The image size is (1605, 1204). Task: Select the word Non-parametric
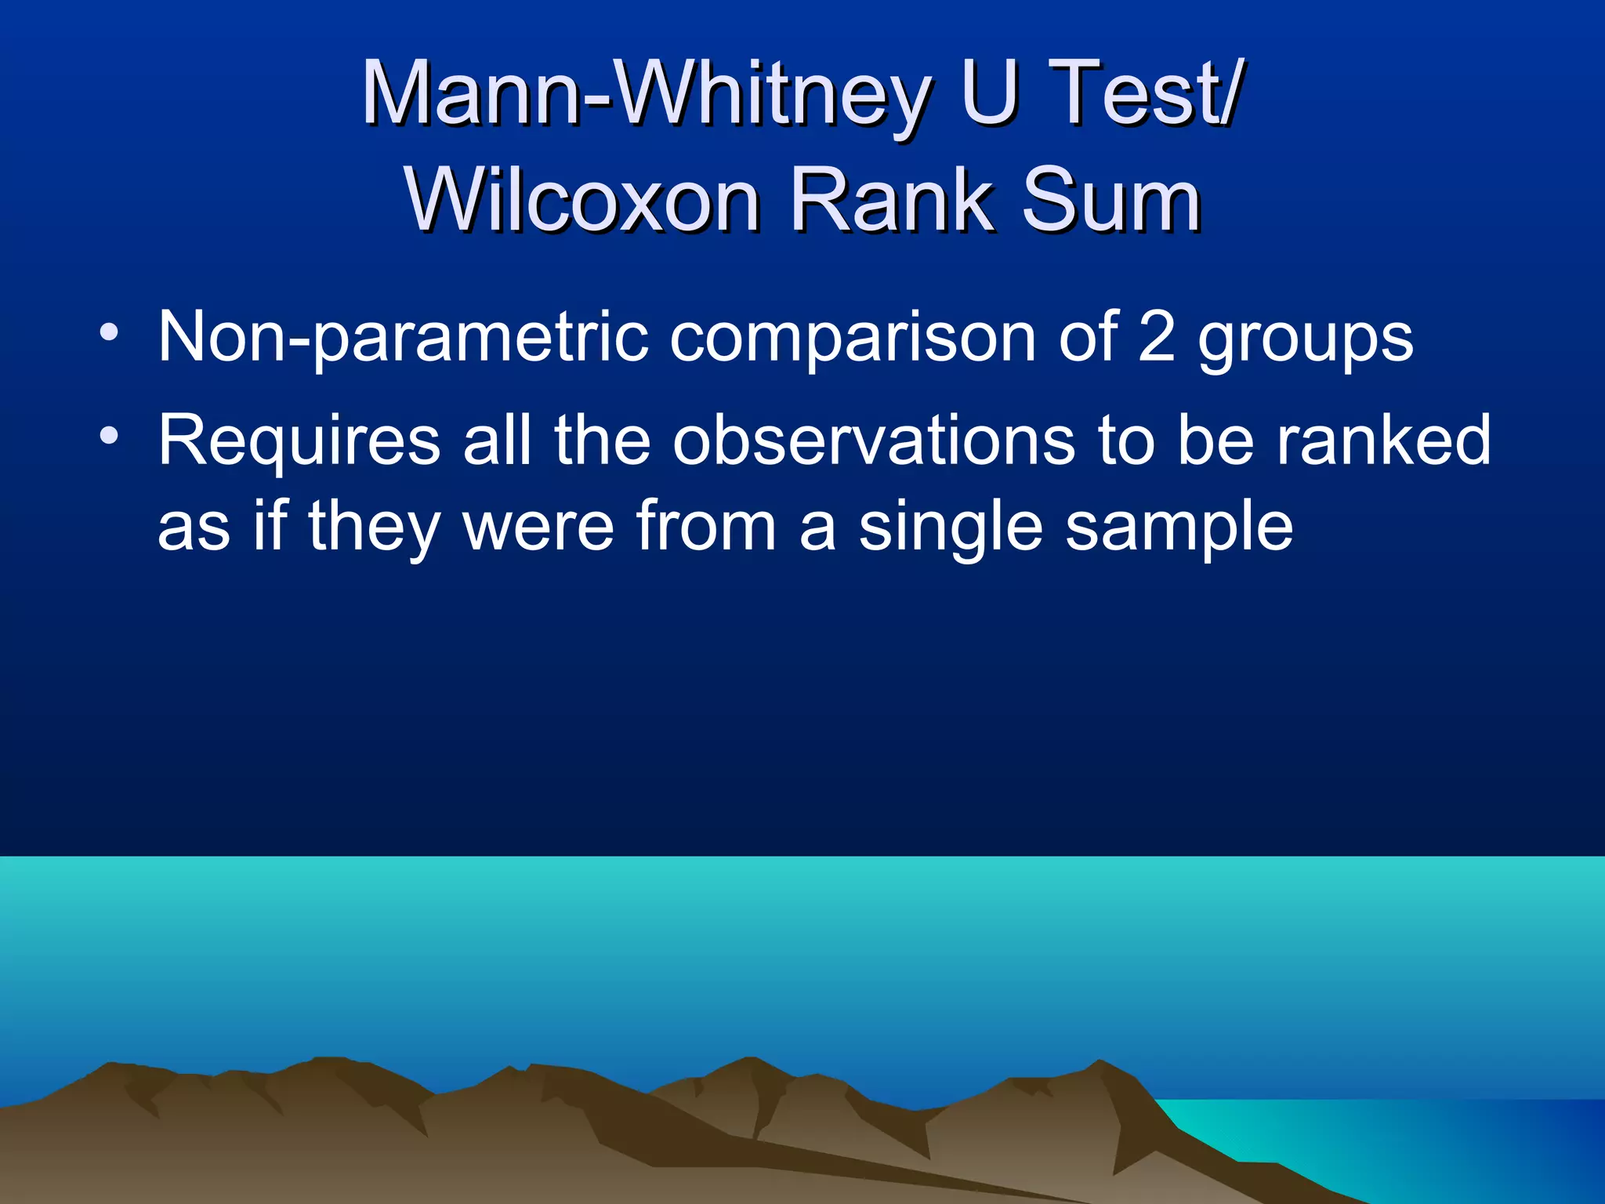[x=403, y=338]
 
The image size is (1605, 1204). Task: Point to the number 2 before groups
[x=1156, y=336]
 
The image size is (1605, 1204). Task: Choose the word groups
[x=1305, y=341]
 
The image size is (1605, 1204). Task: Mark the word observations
[x=873, y=441]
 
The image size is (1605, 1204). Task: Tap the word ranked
[x=1384, y=441]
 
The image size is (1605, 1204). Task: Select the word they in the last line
[x=375, y=529]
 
